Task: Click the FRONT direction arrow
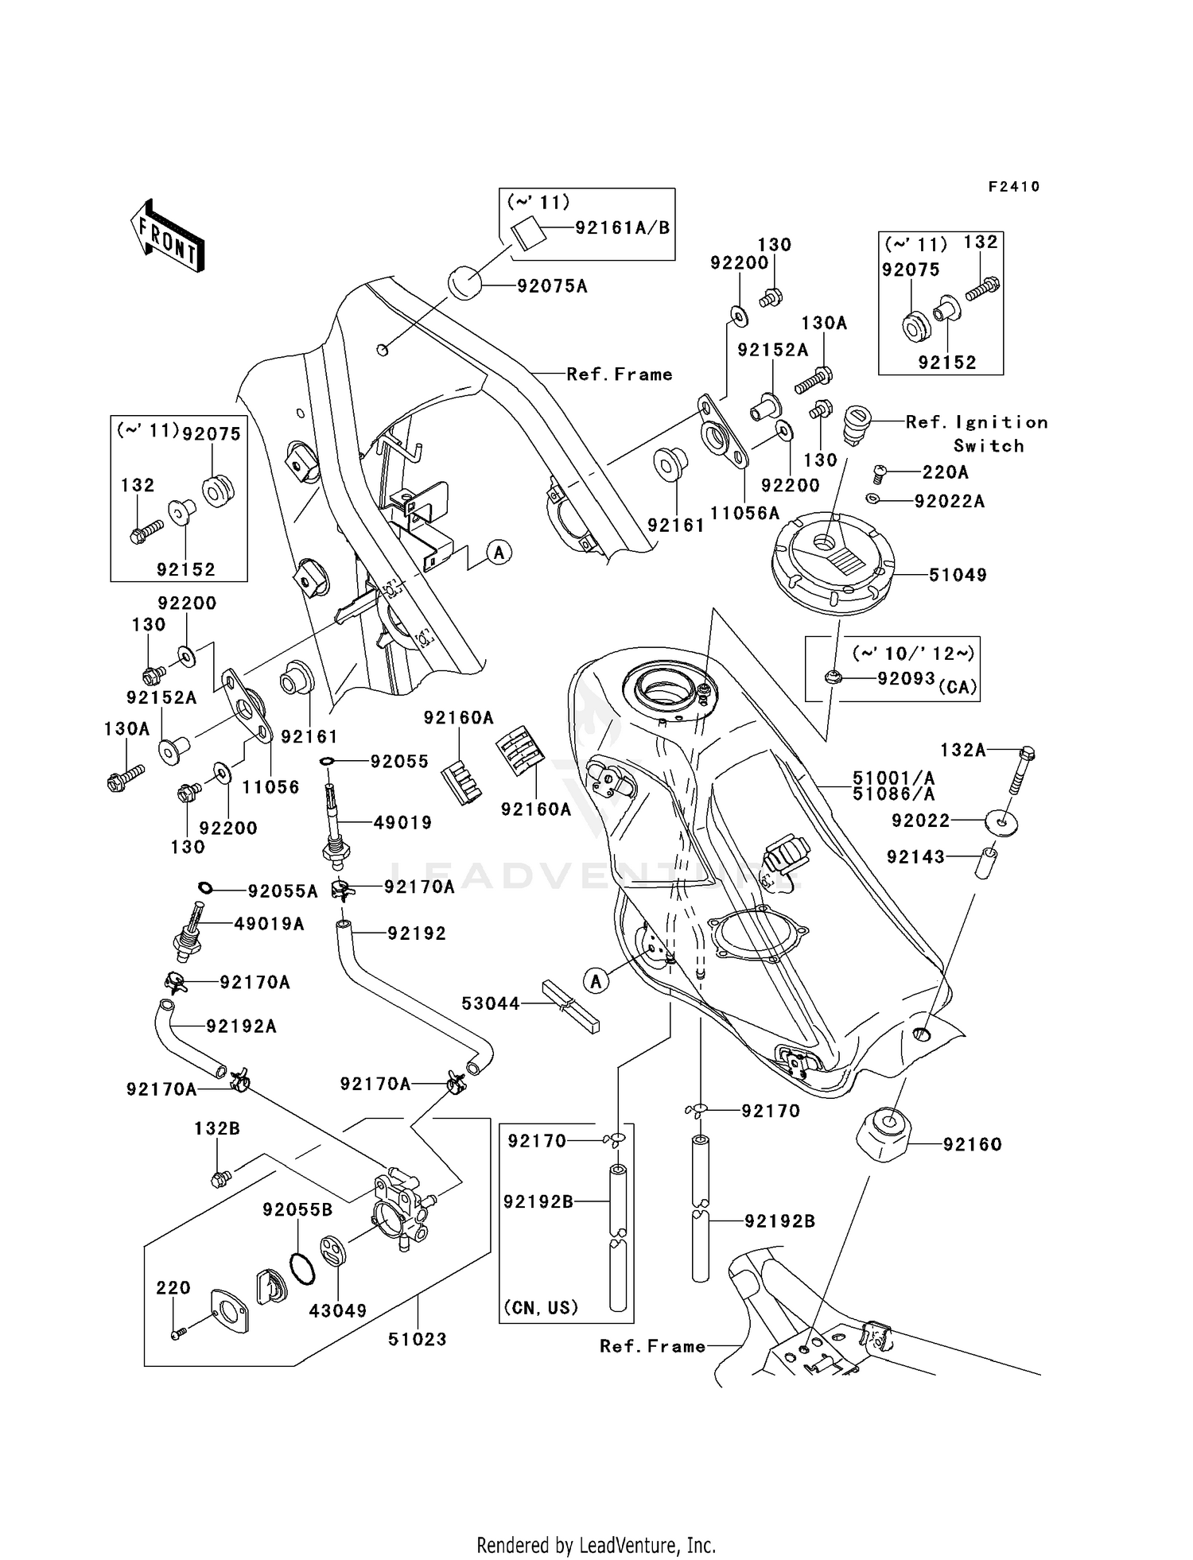click(168, 236)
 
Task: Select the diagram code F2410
click(1013, 187)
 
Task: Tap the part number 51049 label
click(958, 575)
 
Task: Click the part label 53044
click(491, 1004)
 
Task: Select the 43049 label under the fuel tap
click(338, 1310)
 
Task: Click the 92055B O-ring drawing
click(302, 1269)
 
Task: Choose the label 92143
click(915, 857)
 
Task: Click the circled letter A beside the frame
click(499, 552)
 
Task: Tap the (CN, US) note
click(541, 1308)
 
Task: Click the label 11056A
click(744, 514)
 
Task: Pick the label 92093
click(905, 678)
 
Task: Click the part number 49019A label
click(269, 924)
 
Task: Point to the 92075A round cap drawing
click(465, 284)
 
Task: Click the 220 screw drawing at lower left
click(178, 1334)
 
